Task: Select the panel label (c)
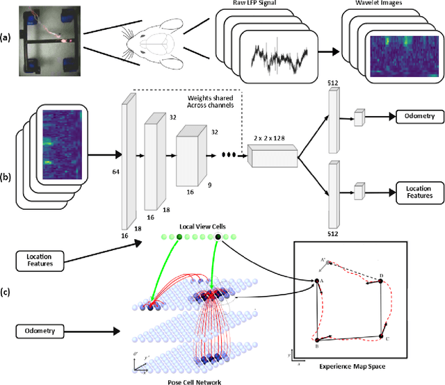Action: point(7,290)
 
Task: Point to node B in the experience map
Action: point(317,339)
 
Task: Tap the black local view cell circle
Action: point(218,238)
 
